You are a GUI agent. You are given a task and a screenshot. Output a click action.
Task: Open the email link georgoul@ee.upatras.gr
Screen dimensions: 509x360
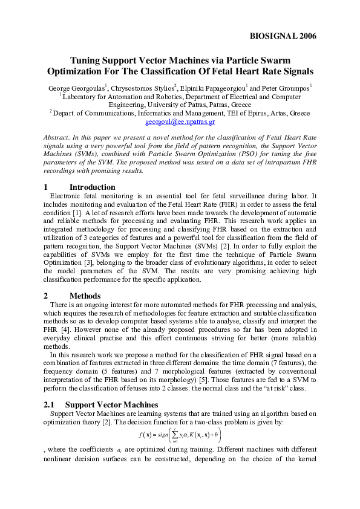[x=180, y=122]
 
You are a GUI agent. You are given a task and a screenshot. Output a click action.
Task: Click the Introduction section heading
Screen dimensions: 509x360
[x=92, y=187]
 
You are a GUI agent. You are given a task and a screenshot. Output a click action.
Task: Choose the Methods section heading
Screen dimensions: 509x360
[x=85, y=296]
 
